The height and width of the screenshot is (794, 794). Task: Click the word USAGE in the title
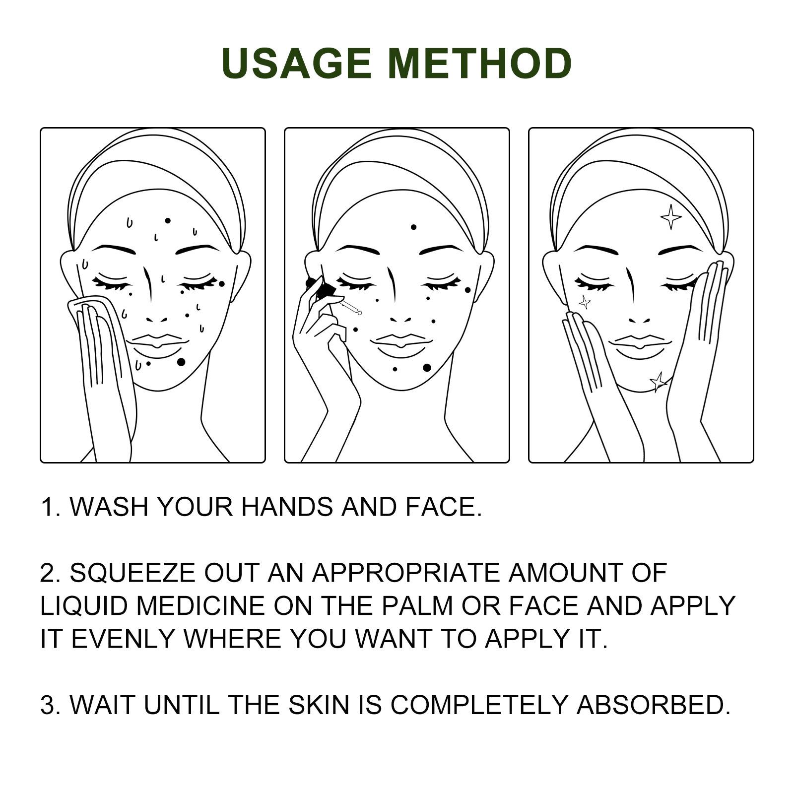click(296, 63)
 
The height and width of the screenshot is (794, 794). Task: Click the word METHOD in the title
click(481, 63)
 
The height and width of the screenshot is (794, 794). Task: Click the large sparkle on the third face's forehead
click(671, 217)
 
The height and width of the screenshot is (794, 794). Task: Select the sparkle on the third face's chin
click(659, 382)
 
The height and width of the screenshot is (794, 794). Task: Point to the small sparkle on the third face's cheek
click(585, 302)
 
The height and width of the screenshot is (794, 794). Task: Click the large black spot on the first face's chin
click(181, 362)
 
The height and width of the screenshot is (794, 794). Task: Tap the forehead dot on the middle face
click(413, 227)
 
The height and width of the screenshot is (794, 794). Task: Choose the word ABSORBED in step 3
click(653, 705)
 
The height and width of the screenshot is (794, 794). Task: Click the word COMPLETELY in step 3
click(478, 705)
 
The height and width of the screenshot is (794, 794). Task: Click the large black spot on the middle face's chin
click(427, 368)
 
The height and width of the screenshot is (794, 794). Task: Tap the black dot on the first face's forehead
click(168, 220)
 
